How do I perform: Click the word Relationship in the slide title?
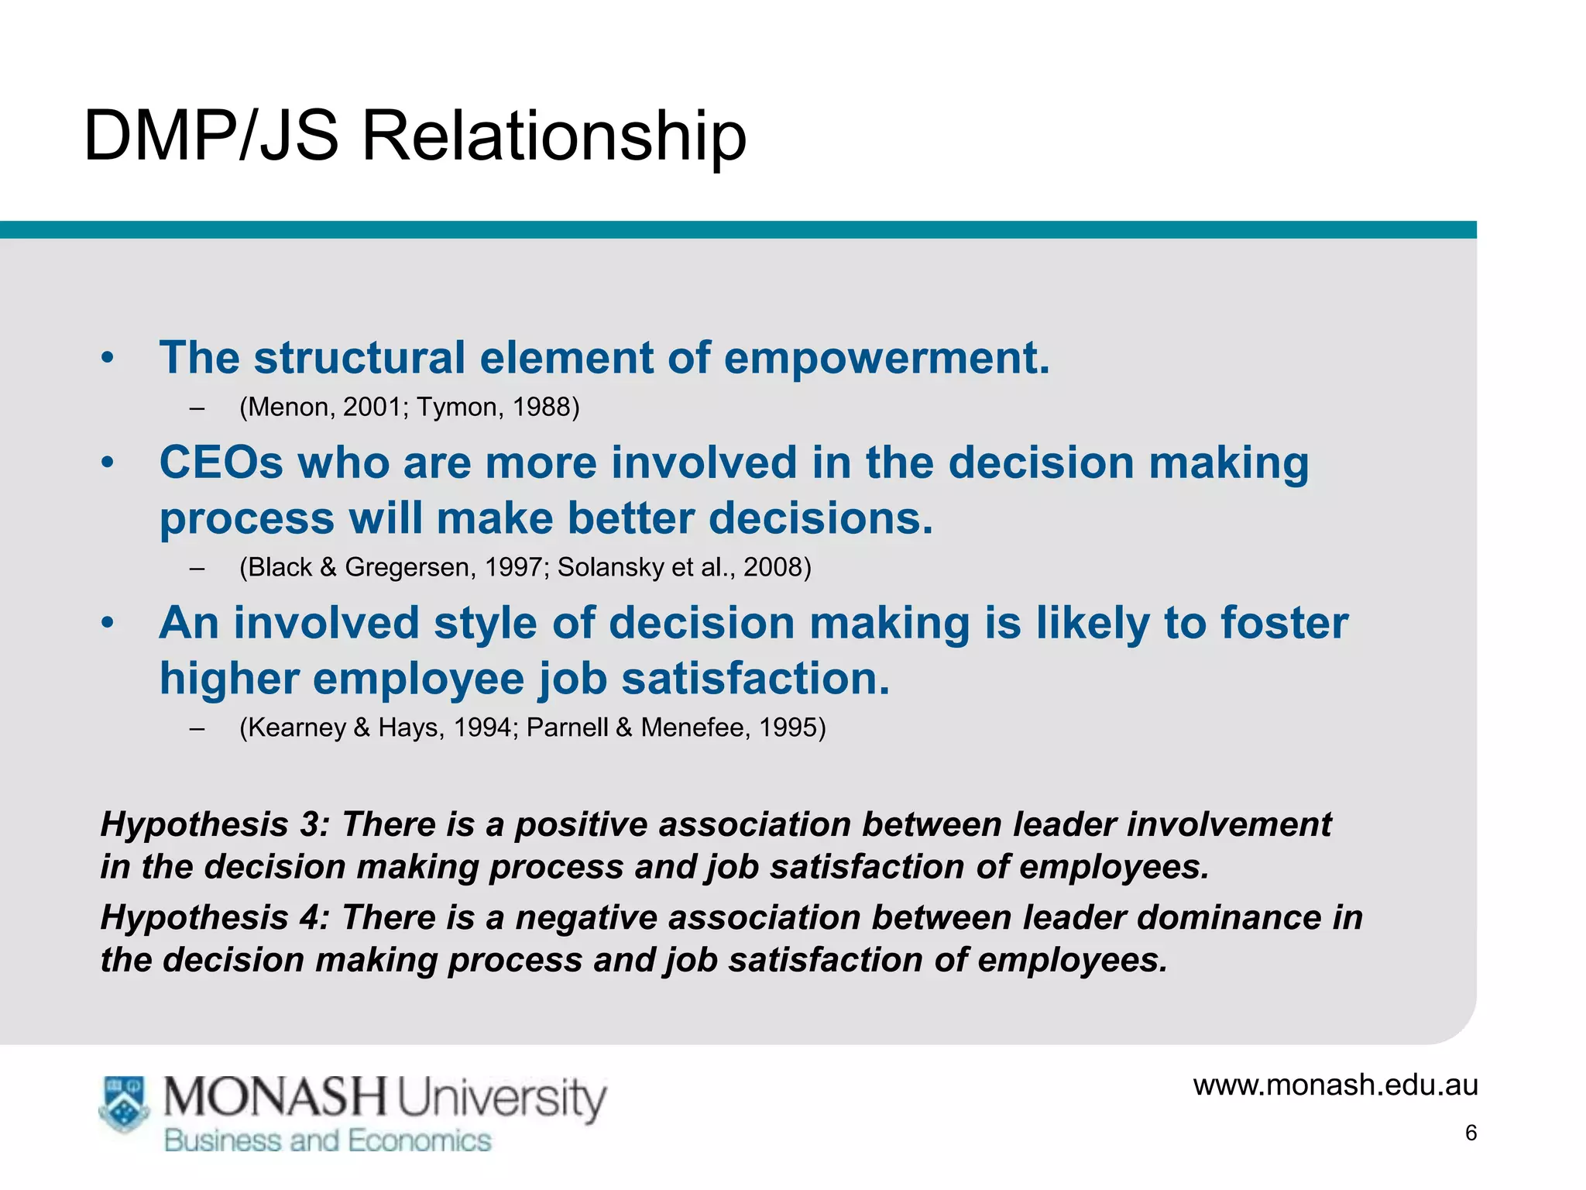[554, 136]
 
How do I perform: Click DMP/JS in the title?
[211, 136]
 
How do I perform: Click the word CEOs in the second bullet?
[221, 463]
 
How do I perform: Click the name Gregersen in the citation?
[407, 567]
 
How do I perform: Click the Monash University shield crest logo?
[124, 1103]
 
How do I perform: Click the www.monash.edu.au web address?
[1335, 1085]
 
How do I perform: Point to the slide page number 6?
[1471, 1133]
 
